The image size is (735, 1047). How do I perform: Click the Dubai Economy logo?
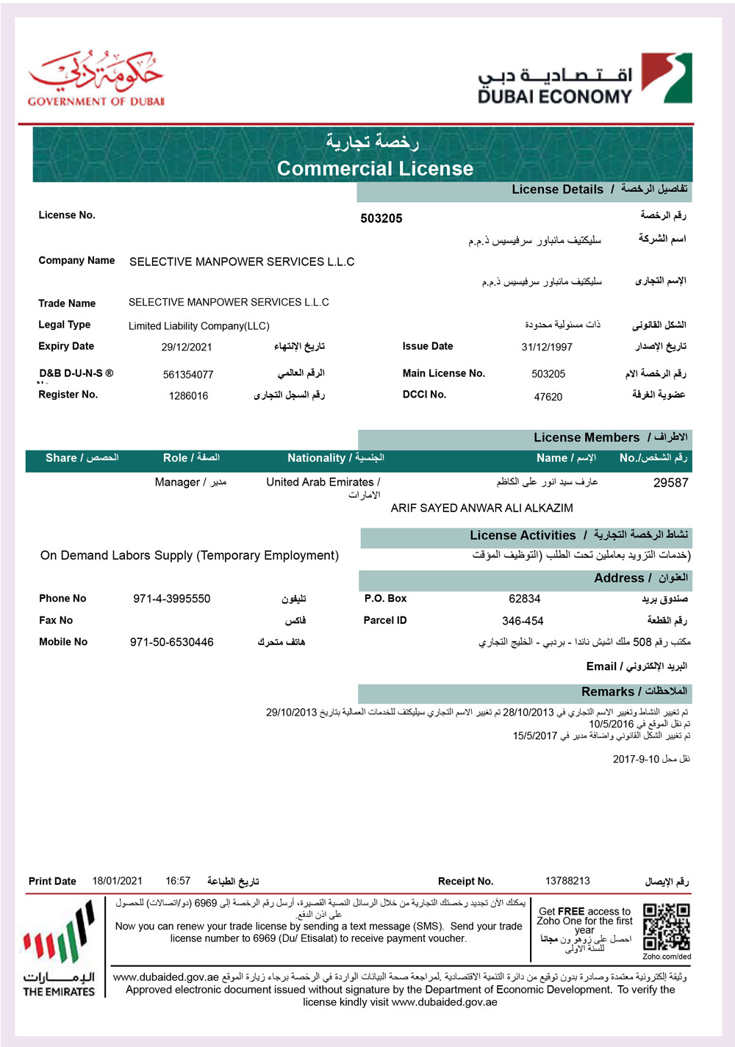(x=584, y=79)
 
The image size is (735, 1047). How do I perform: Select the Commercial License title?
(x=375, y=168)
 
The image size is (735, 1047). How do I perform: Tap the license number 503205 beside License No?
(x=381, y=218)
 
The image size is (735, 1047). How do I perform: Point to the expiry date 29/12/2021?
(x=187, y=347)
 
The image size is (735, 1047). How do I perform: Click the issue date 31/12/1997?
(x=547, y=347)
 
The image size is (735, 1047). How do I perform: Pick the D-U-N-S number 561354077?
(x=188, y=375)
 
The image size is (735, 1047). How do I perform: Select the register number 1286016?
(x=188, y=396)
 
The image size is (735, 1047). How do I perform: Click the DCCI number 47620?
(x=548, y=397)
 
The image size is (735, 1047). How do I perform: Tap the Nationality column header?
(x=335, y=458)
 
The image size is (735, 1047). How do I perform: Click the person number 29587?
(x=670, y=483)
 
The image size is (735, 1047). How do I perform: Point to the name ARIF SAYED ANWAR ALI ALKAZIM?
(x=481, y=508)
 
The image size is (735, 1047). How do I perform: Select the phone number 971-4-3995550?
(x=171, y=599)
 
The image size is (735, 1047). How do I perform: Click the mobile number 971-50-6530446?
(x=171, y=642)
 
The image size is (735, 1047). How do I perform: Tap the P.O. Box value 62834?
(x=524, y=599)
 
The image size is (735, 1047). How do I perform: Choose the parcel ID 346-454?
(x=523, y=621)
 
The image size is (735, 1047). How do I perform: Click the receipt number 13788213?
(x=567, y=881)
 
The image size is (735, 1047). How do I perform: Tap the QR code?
(x=666, y=927)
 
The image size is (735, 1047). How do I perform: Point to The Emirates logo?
(x=59, y=948)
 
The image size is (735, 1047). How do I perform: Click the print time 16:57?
(x=178, y=881)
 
